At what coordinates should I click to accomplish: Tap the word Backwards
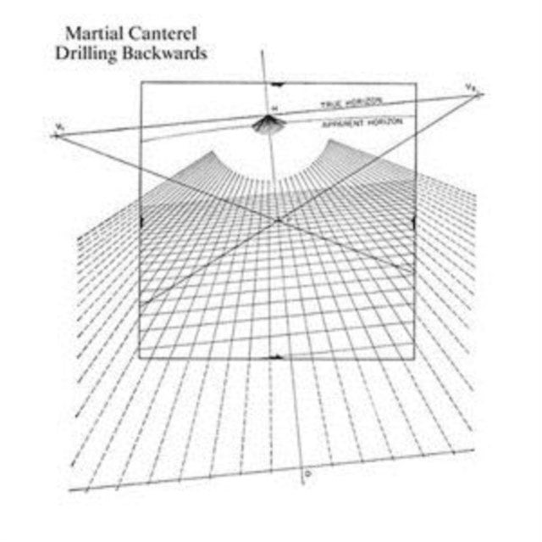click(x=164, y=53)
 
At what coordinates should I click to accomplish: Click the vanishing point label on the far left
click(x=57, y=126)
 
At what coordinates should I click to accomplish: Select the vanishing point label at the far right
click(x=469, y=87)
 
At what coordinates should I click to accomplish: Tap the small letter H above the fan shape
click(x=274, y=108)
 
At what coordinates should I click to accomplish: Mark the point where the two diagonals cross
click(x=278, y=221)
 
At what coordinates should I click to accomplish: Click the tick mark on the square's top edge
click(x=277, y=84)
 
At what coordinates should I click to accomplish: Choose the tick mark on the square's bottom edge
click(x=277, y=358)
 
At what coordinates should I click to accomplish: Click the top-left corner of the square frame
click(x=141, y=83)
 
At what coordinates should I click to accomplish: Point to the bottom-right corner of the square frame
click(x=415, y=359)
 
